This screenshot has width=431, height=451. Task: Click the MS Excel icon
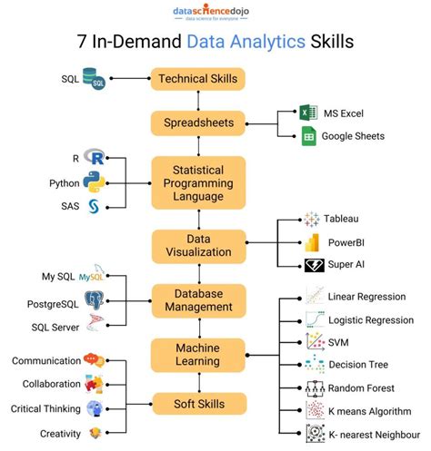pos(308,113)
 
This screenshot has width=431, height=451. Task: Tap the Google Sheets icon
pos(308,136)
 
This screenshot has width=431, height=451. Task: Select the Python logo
pos(94,181)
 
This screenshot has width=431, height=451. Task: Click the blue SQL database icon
pos(94,79)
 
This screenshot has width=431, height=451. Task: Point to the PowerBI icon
pos(313,242)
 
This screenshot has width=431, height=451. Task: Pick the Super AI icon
pos(313,265)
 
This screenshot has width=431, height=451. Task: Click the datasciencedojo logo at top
pos(215,13)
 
